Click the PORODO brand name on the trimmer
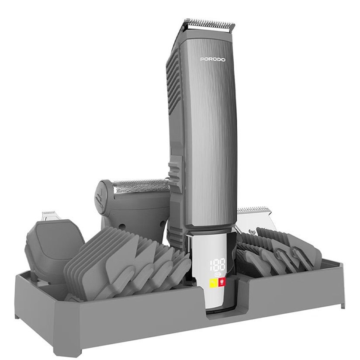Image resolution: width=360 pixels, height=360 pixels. [x=213, y=59]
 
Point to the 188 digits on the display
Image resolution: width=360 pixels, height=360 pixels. [x=218, y=265]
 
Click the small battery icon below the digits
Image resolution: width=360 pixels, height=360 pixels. [x=217, y=274]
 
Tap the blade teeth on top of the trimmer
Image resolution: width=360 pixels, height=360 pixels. [x=209, y=24]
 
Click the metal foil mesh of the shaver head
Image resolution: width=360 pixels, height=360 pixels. [x=141, y=186]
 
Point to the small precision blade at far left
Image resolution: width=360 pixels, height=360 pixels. [x=48, y=215]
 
